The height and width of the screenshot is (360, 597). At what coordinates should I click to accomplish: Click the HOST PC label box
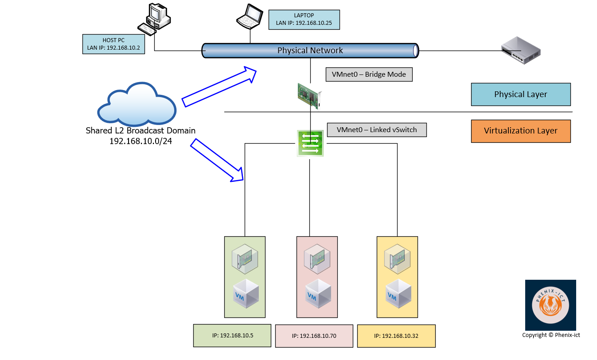(113, 43)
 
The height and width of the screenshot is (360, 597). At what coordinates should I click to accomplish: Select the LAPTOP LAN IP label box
(304, 20)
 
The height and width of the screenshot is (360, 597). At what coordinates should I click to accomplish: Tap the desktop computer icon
(154, 19)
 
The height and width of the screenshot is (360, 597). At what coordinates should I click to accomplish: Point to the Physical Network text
(310, 51)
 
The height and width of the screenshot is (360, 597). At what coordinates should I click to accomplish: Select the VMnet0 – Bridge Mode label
(369, 74)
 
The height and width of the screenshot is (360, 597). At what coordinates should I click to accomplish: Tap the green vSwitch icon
(310, 143)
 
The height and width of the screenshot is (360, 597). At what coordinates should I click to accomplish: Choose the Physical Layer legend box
(520, 94)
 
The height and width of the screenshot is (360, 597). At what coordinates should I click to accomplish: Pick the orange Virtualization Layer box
(520, 131)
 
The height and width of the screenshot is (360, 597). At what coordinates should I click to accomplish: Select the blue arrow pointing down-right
(218, 160)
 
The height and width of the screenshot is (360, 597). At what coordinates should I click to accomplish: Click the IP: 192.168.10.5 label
(232, 336)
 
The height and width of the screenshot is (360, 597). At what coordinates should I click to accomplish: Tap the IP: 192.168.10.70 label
(314, 336)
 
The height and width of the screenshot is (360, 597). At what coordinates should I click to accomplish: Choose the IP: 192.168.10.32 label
(396, 336)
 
